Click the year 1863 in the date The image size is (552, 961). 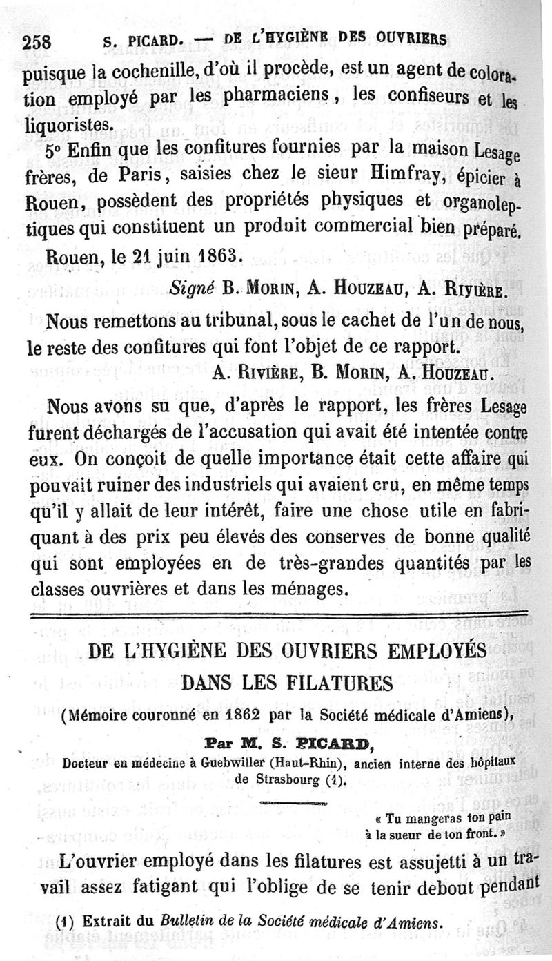(209, 256)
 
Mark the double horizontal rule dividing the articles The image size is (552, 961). (276, 614)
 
